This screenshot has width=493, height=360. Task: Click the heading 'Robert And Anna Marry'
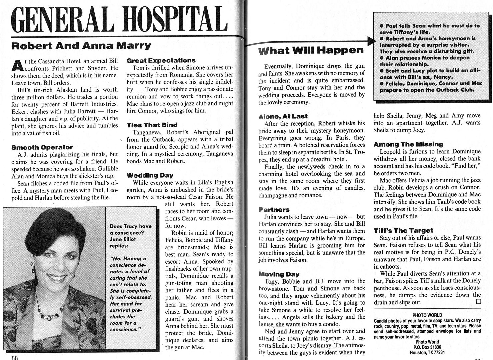81,46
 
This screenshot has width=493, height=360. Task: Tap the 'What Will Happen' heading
311,51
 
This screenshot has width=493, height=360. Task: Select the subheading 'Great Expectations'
161,61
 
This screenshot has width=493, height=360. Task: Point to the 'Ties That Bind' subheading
152,125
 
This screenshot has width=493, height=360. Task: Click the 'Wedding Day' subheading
150,175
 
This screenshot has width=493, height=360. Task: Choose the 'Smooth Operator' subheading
42,147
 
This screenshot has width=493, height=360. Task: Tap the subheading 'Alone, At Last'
283,116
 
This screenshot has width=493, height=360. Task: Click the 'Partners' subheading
274,210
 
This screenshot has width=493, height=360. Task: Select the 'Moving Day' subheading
279,274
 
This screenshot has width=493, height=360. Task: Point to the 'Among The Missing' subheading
408,144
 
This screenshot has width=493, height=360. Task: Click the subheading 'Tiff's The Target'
403,230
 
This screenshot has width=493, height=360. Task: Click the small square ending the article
479,302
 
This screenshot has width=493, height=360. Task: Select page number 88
15,357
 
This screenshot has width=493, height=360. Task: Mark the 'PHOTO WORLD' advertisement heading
427,315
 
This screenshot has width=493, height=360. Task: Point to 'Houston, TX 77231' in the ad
427,352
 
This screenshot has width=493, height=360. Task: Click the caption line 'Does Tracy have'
131,226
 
